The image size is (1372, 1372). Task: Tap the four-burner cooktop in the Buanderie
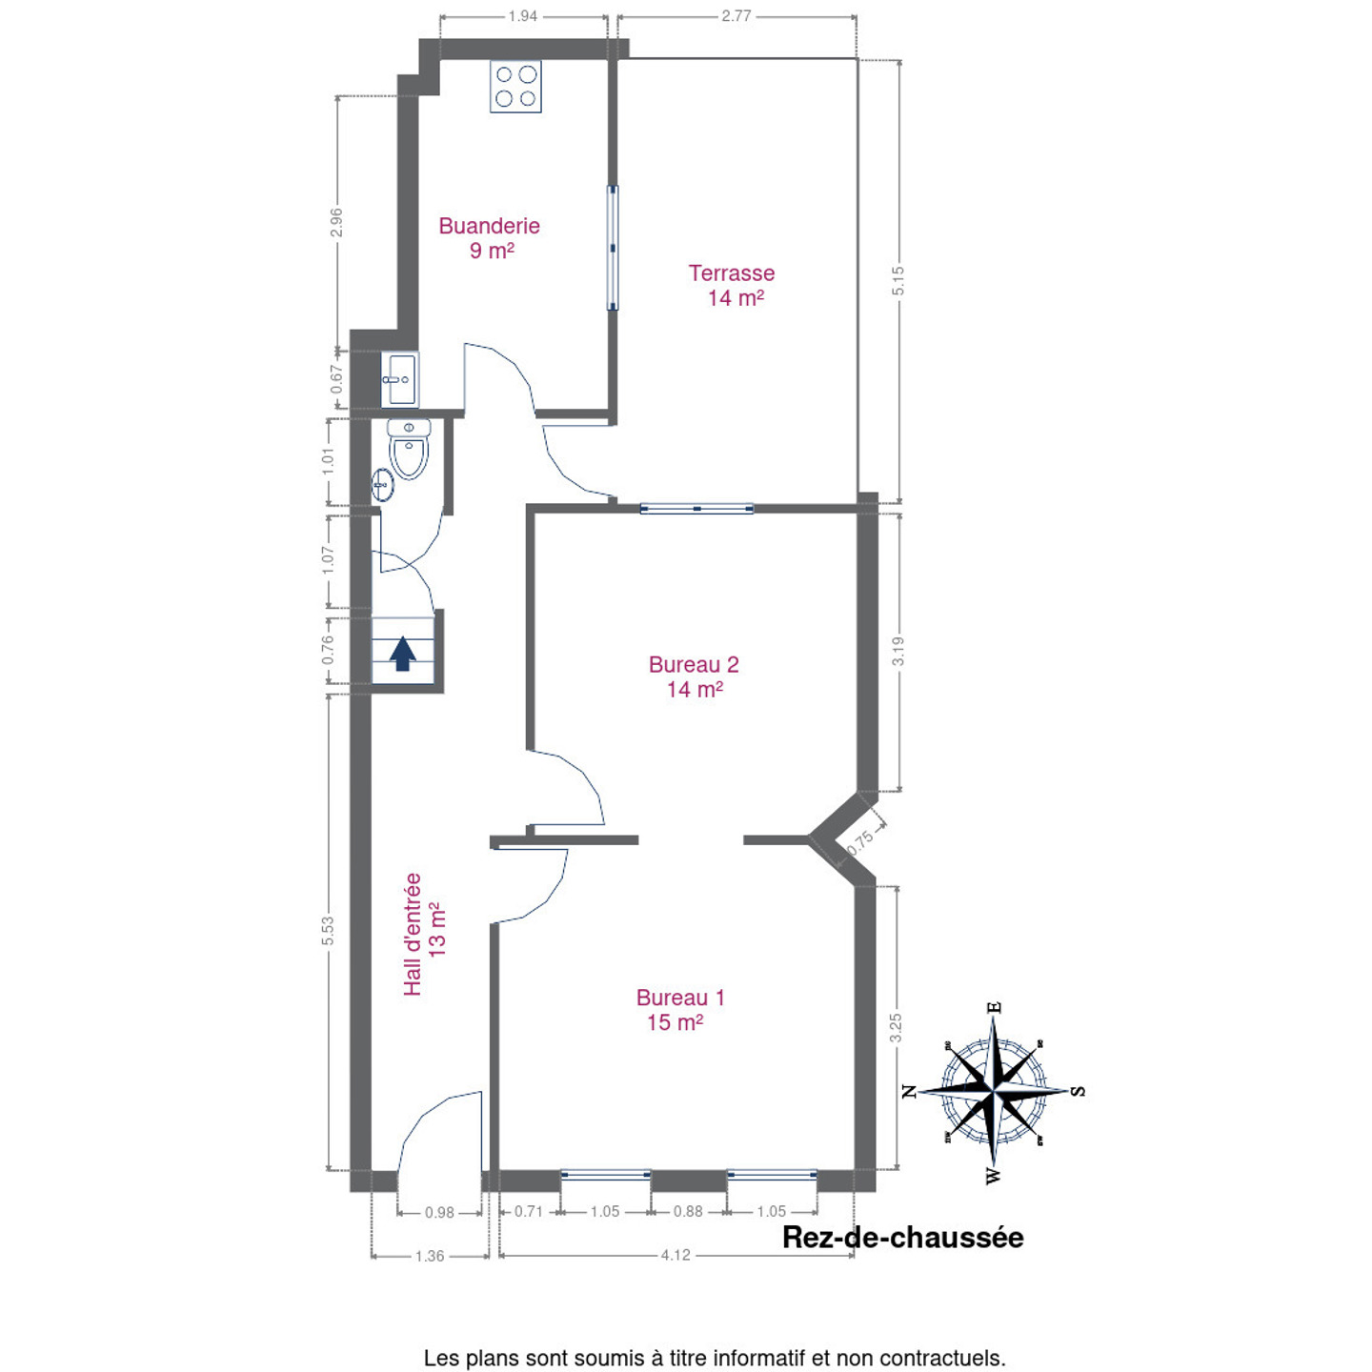click(515, 86)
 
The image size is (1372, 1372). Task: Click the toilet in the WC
click(410, 449)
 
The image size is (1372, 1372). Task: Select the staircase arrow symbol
click(403, 653)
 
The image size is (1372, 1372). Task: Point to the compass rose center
click(994, 1090)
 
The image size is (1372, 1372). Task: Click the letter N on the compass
click(909, 1091)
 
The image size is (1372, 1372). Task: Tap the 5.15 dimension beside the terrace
click(898, 280)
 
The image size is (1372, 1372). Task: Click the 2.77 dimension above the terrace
click(736, 15)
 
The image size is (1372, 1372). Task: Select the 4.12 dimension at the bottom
click(675, 1255)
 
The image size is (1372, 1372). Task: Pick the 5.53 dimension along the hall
click(328, 930)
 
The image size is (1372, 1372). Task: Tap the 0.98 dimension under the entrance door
click(439, 1213)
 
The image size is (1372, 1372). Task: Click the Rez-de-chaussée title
click(903, 1238)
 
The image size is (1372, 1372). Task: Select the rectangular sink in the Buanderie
click(399, 379)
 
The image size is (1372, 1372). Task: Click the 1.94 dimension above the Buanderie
click(523, 15)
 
